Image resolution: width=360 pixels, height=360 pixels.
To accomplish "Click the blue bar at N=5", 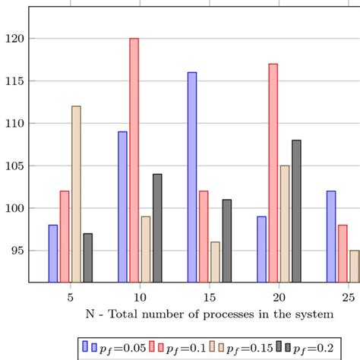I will tap(52, 253).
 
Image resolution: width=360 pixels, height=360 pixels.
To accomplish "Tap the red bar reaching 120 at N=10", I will tap(134, 159).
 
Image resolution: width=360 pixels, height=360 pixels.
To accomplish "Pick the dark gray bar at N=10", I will tap(157, 228).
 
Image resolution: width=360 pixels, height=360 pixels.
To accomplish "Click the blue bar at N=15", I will tap(192, 177).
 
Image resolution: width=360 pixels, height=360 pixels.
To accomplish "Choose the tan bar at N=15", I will tap(215, 261).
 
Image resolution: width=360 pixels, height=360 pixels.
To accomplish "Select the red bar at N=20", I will tap(273, 172).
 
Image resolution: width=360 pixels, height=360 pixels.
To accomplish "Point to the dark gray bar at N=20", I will tap(296, 210).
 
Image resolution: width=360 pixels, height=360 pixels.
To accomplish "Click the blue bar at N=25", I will tap(331, 236).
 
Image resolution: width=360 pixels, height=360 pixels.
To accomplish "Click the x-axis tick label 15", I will tap(210, 295).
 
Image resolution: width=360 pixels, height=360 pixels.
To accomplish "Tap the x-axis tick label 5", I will tap(71, 295).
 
